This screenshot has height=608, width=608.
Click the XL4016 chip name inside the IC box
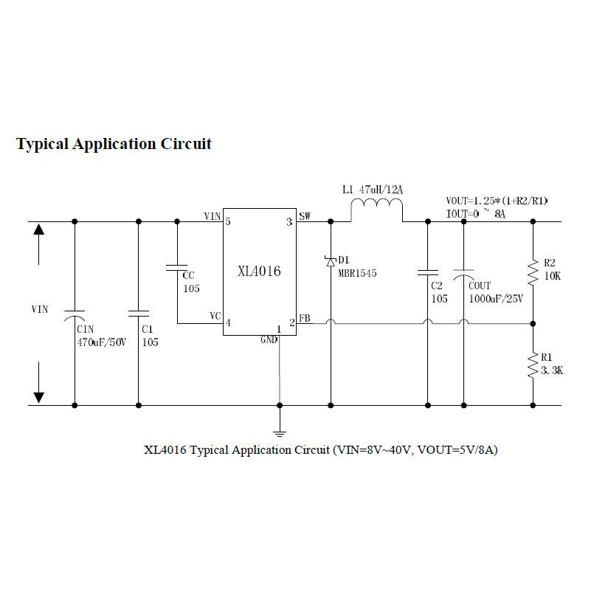pos(259,272)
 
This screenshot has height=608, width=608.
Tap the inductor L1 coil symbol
pos(376,211)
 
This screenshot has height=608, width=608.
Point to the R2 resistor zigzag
pos(533,272)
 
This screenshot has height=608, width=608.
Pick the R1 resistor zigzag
pos(533,365)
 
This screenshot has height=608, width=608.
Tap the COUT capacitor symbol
pos(463,274)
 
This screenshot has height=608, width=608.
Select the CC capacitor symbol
pos(177,267)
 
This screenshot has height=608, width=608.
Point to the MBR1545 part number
pos(357,273)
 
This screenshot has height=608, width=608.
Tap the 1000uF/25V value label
pos(494,299)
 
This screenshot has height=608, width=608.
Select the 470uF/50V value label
pos(102,342)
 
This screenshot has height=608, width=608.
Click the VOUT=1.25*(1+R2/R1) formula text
pos(497,201)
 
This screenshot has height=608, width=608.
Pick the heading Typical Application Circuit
pos(114,143)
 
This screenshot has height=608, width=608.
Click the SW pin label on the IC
pos(305,216)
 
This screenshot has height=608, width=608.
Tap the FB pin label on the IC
pos(305,319)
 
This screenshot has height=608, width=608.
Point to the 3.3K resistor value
pos(552,371)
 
